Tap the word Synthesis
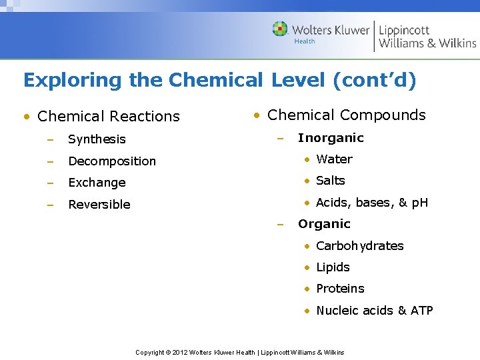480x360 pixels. [x=97, y=139]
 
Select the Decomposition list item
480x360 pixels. [x=112, y=161]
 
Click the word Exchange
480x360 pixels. [x=97, y=183]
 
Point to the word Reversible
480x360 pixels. [x=99, y=205]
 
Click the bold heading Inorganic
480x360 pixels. [x=331, y=138]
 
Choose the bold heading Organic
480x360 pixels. [x=324, y=224]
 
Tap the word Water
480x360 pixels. [x=334, y=159]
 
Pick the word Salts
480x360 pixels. [x=331, y=181]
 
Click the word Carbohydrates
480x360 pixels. [x=360, y=246]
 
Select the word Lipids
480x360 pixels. [x=333, y=267]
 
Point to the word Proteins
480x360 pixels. [x=340, y=289]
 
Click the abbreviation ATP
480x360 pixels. [x=422, y=311]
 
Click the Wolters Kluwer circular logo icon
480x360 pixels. [x=280, y=29]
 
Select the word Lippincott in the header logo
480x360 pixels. [x=404, y=30]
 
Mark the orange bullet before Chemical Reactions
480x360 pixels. [x=26, y=117]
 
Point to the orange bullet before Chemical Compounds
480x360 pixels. [x=256, y=115]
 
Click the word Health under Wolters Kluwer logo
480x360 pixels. [x=305, y=41]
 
